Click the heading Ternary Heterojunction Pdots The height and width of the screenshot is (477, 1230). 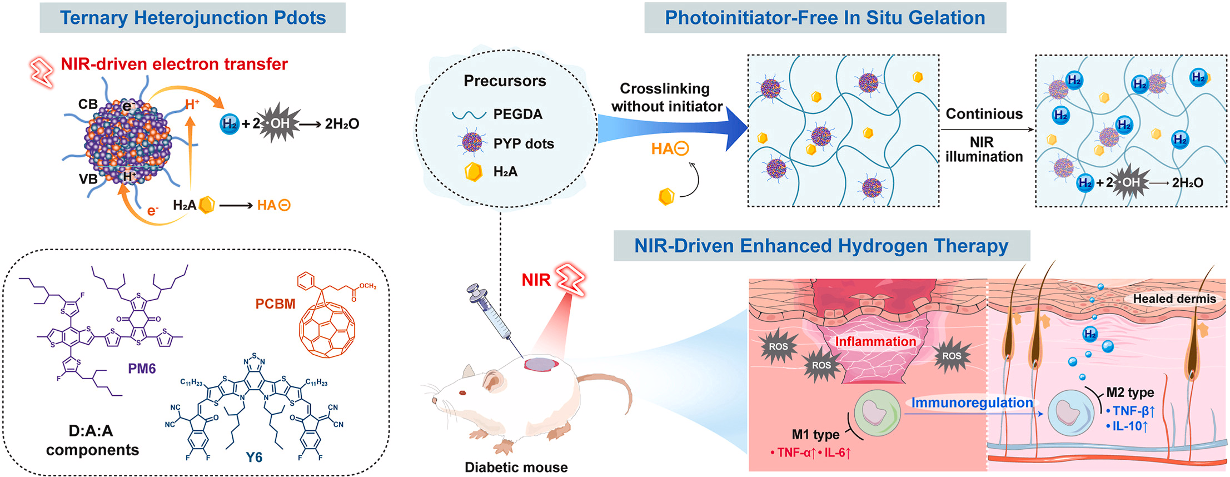click(x=192, y=18)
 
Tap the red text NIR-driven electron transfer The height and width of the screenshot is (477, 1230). click(x=174, y=64)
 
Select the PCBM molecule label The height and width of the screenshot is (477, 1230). click(x=275, y=304)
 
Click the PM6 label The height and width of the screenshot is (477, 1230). click(x=142, y=369)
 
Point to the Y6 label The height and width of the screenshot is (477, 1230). click(x=254, y=457)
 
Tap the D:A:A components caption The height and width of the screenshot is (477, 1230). click(x=92, y=440)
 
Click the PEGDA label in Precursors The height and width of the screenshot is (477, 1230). click(x=517, y=115)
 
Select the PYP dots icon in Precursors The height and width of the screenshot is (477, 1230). click(x=472, y=143)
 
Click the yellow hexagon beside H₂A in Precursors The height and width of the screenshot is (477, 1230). click(x=473, y=172)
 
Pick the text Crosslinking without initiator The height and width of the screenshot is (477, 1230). click(x=666, y=98)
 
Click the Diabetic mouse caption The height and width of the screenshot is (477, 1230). click(x=516, y=468)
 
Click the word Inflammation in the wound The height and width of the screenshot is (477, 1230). click(x=875, y=341)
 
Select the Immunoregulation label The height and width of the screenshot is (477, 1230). click(x=972, y=403)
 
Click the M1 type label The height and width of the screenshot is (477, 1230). click(x=815, y=434)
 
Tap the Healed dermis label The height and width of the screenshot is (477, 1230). click(x=1174, y=299)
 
